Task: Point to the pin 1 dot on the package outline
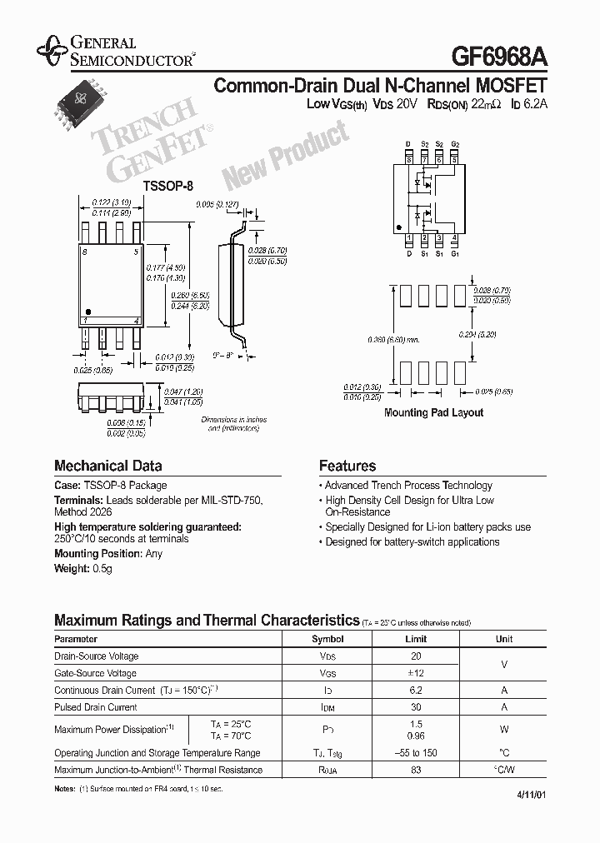coord(89,311)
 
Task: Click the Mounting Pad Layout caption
coord(433,412)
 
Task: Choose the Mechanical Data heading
coord(107,466)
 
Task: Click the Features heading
coord(347,466)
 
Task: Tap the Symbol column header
coord(327,639)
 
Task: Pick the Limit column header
coord(416,639)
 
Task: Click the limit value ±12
coord(416,673)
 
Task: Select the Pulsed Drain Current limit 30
coord(416,707)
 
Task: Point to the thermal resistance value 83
coord(416,770)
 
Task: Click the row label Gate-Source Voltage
coord(96,673)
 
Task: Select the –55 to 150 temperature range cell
coord(416,753)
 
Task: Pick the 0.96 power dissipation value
coord(416,736)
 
